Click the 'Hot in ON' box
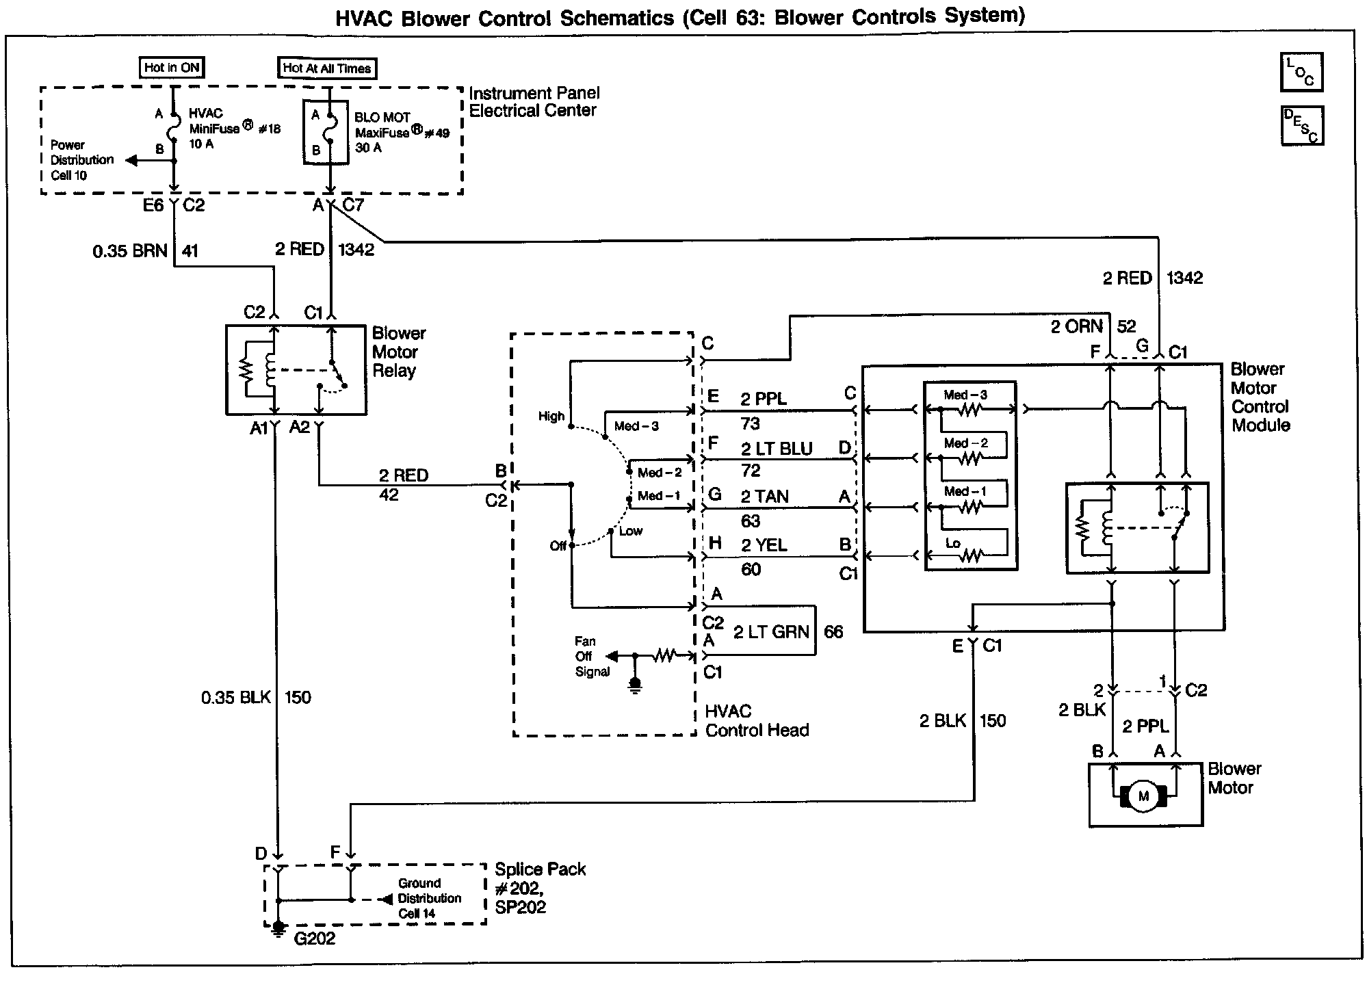click(x=172, y=68)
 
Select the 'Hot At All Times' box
click(x=327, y=68)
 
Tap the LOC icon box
click(x=1301, y=72)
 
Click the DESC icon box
click(x=1302, y=126)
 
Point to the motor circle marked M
click(x=1143, y=796)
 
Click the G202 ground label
click(x=315, y=938)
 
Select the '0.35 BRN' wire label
click(x=130, y=251)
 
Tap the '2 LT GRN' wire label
click(x=771, y=632)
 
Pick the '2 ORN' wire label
click(x=1077, y=326)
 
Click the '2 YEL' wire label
click(x=764, y=545)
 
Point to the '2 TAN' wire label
click(x=764, y=497)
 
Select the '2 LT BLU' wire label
click(x=777, y=449)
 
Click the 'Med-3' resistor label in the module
click(x=965, y=395)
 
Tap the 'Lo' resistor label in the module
click(x=953, y=543)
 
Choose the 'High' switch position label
click(x=551, y=416)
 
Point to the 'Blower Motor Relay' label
click(x=399, y=352)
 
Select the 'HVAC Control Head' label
click(x=757, y=721)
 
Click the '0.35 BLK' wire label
click(x=236, y=698)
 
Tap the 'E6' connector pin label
click(x=153, y=205)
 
